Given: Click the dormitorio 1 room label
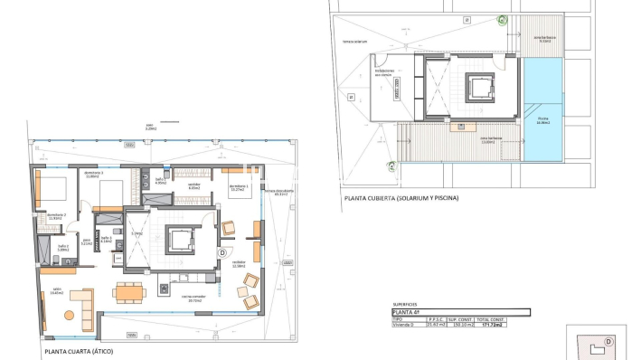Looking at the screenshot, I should click(x=239, y=188).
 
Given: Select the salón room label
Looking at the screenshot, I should click(x=56, y=292).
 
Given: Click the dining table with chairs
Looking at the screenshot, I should click(x=127, y=291).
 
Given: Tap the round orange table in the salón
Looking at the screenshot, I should click(x=68, y=314).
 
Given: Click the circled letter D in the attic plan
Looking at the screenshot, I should click(x=222, y=253).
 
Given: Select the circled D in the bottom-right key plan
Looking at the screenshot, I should click(x=608, y=341).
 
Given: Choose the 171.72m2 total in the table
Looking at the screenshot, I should click(x=515, y=324).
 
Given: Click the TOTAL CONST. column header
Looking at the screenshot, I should click(x=515, y=318).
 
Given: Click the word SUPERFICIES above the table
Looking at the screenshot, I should click(x=406, y=305).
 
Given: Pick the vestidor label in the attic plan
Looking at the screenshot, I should click(x=193, y=186).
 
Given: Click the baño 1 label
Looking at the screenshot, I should click(x=161, y=181).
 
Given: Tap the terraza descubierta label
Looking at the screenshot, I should click(x=276, y=193).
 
